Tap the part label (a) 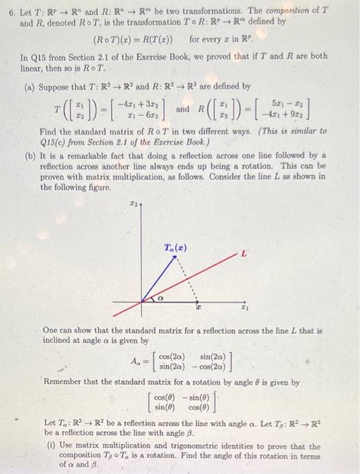30,87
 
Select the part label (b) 30,155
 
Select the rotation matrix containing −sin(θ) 181,402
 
